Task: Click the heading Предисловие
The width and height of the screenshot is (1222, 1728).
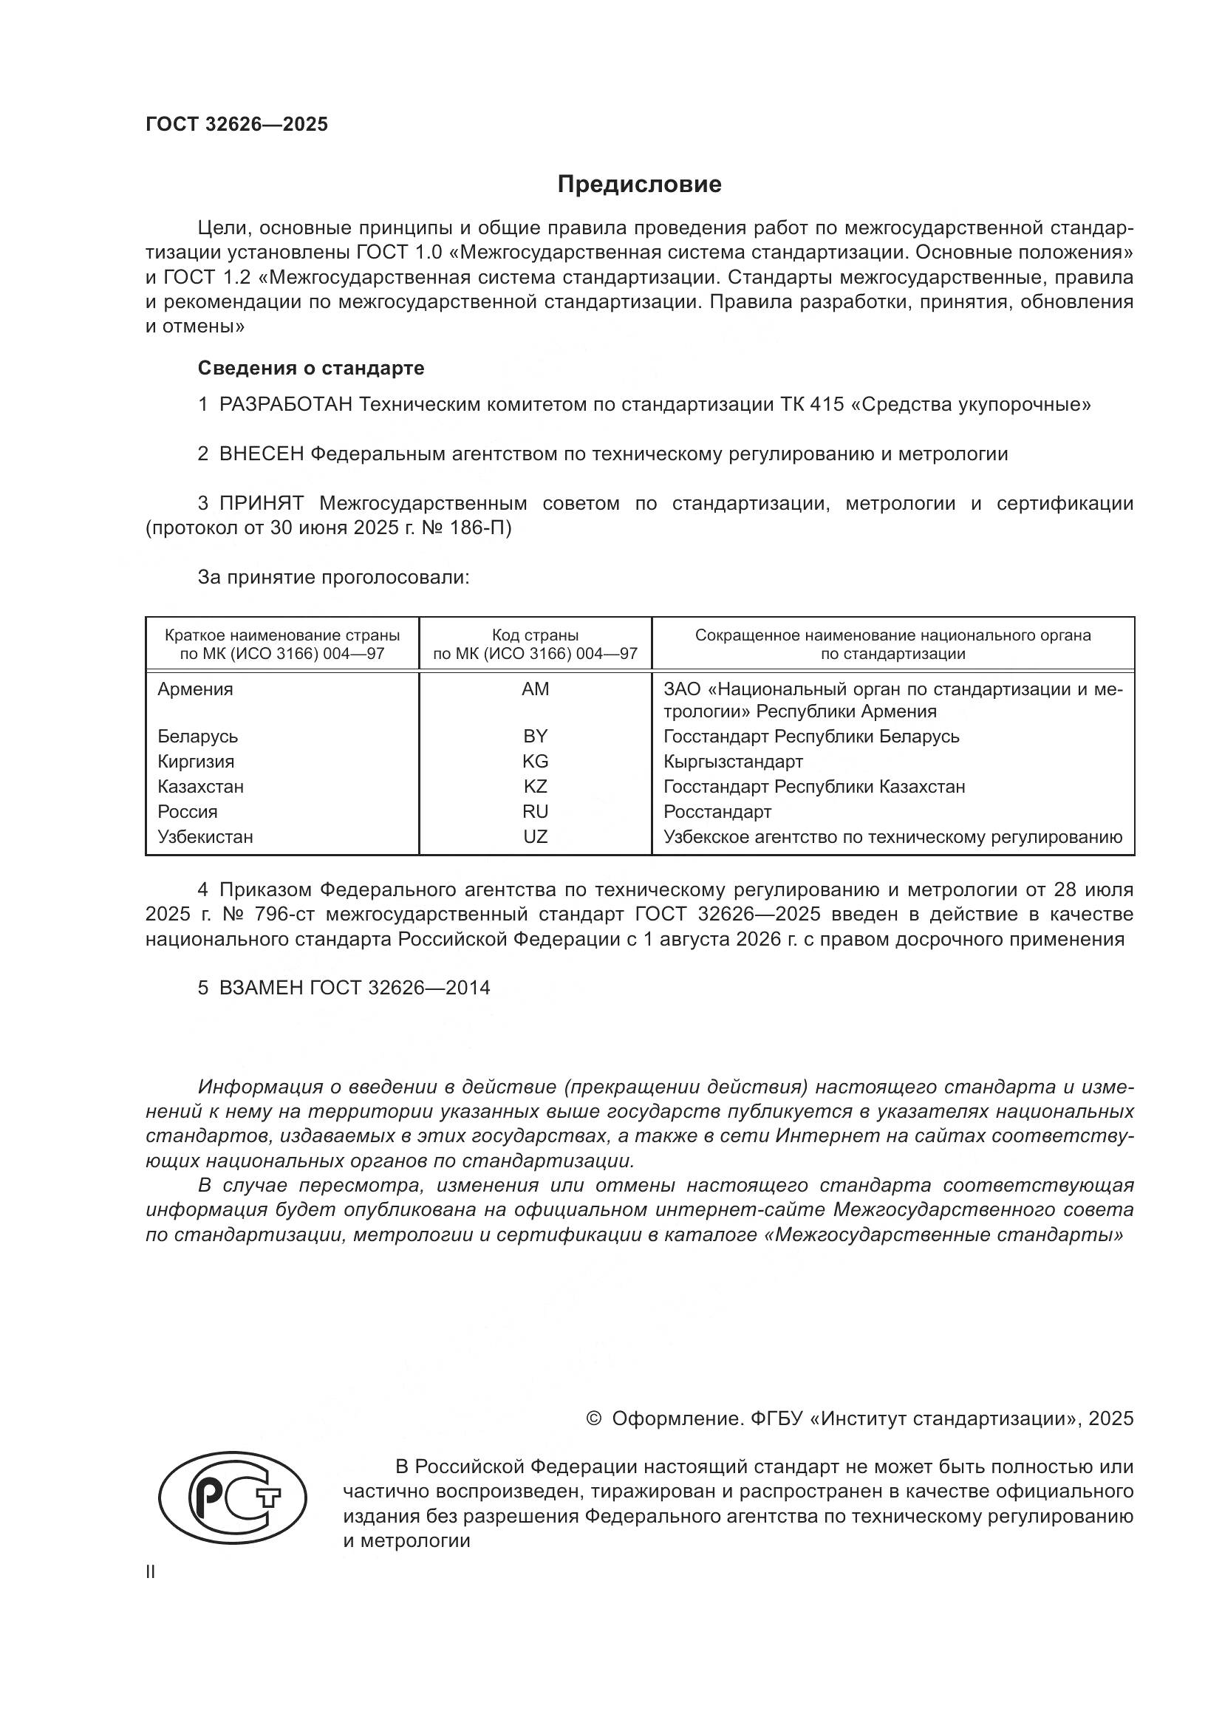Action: coord(639,185)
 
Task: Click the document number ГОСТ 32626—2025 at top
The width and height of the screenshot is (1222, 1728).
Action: coord(237,124)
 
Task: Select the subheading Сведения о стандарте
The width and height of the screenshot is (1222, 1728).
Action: coord(311,368)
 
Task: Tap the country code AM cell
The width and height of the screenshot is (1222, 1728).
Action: coord(535,689)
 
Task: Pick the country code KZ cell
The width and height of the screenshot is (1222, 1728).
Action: coord(535,787)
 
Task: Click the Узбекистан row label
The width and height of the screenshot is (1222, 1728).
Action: coord(205,836)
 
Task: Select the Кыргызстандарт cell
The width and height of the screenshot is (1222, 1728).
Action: coord(733,761)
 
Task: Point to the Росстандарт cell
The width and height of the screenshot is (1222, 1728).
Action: coord(717,811)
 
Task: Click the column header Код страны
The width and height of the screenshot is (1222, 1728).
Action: coord(535,635)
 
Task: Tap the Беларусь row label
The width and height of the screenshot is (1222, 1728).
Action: coord(197,736)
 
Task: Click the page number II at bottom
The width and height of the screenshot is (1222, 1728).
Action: coord(151,1572)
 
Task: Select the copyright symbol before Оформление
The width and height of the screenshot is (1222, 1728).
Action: coord(593,1418)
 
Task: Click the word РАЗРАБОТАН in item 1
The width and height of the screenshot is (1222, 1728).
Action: coord(286,405)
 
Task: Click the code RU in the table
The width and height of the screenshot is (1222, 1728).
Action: coord(535,811)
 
